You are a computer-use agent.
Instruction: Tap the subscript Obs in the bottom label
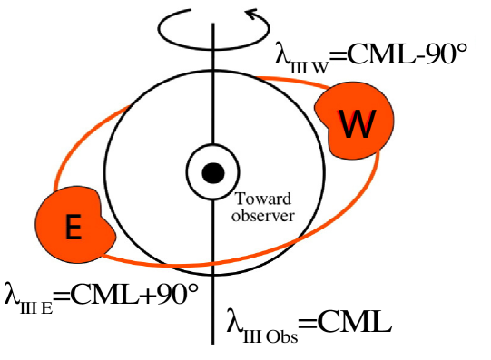click(287, 330)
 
